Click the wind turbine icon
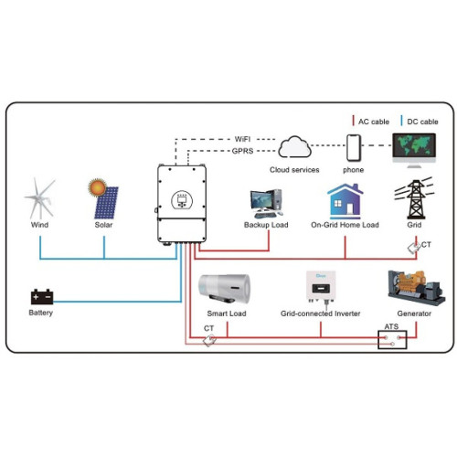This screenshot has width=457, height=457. coord(41,197)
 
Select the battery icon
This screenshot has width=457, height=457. coord(41,297)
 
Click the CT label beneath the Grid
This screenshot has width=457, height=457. coord(426,244)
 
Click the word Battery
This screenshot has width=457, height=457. coord(41,313)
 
